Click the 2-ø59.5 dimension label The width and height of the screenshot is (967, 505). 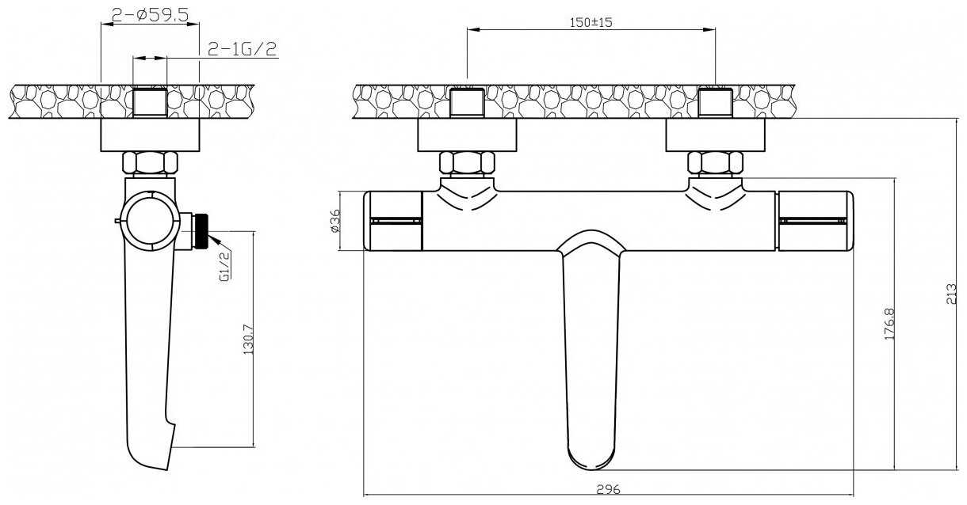149,13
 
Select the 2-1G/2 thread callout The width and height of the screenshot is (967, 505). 241,49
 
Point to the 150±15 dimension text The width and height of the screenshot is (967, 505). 591,22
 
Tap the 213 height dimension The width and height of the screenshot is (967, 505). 953,294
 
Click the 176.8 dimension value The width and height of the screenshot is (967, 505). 889,324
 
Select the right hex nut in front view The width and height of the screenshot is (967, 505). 715,163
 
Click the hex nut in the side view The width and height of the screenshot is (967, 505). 150,163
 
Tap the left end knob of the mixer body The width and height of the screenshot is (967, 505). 393,221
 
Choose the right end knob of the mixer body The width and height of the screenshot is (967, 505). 816,221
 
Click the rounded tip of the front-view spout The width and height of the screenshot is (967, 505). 591,458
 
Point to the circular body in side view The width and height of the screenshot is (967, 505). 151,220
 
